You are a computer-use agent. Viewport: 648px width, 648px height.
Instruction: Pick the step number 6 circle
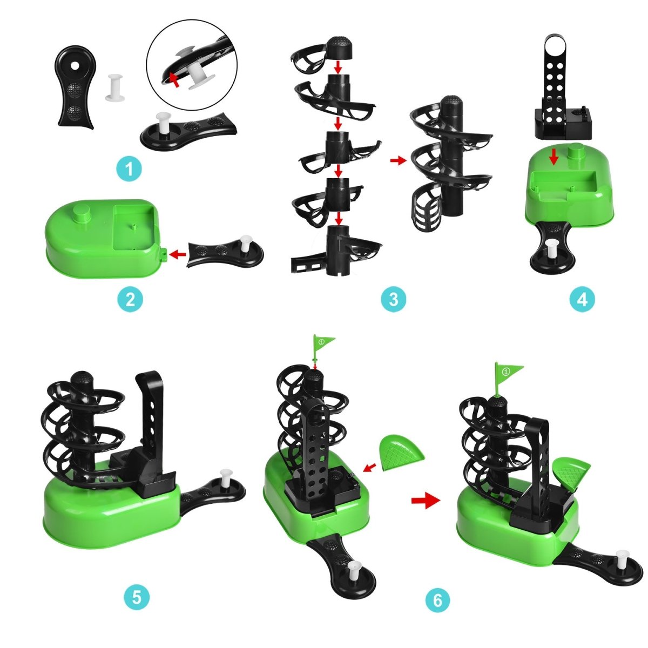click(x=437, y=600)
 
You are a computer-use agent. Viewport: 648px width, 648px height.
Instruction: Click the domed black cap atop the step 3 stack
click(x=340, y=50)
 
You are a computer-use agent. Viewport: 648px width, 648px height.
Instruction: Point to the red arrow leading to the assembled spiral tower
click(x=398, y=160)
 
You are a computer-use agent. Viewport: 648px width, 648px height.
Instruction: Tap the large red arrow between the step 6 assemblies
click(x=426, y=501)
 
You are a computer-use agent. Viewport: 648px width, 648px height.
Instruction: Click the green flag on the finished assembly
click(x=508, y=372)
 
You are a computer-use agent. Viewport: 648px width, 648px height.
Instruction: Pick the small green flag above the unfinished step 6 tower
click(x=322, y=342)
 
